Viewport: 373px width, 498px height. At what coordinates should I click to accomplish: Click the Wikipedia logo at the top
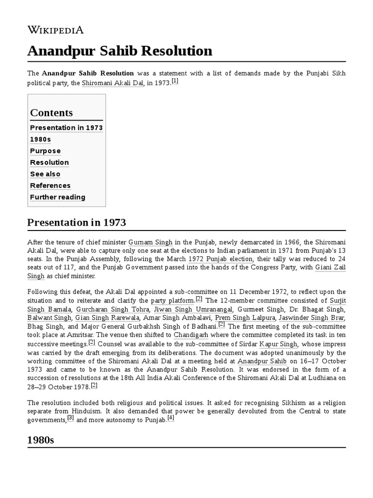click(x=55, y=30)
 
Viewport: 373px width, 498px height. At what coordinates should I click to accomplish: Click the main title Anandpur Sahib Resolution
click(x=119, y=51)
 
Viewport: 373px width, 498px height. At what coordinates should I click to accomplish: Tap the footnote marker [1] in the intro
click(x=175, y=81)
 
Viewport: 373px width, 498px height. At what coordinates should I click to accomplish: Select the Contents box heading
click(x=51, y=113)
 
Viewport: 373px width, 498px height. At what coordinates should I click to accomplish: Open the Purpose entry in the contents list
click(x=45, y=151)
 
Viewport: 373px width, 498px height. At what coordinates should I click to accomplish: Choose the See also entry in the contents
click(x=45, y=174)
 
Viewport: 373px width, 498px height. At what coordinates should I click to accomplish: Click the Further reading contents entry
click(x=57, y=197)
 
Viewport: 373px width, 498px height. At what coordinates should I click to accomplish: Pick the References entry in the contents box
click(x=50, y=186)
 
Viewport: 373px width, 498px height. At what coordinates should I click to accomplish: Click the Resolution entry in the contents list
click(x=50, y=162)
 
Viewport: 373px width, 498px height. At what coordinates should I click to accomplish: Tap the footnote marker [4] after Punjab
click(x=170, y=418)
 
